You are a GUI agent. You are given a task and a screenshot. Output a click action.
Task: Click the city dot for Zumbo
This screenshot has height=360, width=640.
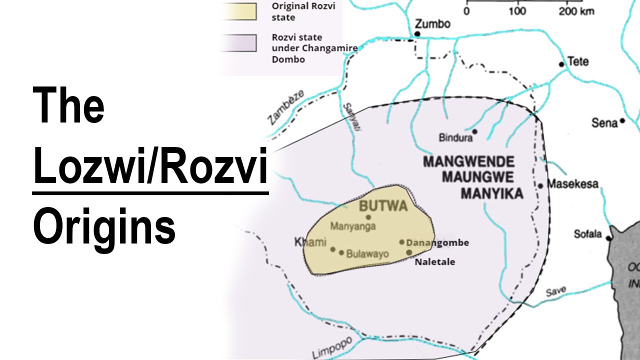[417, 34]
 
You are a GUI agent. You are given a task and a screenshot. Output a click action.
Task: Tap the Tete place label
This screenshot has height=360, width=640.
[578, 62]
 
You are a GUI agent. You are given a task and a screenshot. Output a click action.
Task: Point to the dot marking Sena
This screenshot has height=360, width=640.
[622, 120]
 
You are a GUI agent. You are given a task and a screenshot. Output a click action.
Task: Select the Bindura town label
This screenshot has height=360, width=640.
[455, 137]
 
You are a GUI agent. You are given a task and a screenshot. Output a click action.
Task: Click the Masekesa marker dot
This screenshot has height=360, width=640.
[540, 186]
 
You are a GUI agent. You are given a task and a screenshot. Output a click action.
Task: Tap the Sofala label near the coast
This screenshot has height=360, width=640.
[588, 234]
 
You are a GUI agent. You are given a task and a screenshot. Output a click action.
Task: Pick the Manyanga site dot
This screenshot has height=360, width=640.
[368, 217]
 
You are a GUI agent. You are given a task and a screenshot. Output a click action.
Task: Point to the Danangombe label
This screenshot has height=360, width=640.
[437, 243]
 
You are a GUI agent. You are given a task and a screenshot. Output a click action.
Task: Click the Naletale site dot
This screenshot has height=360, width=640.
[409, 252]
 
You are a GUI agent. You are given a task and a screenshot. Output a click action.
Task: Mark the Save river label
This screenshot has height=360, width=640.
[555, 291]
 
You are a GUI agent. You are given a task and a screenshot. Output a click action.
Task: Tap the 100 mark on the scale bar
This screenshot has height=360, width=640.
[517, 11]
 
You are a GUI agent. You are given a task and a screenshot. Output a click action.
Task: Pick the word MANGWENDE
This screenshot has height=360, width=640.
[468, 162]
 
